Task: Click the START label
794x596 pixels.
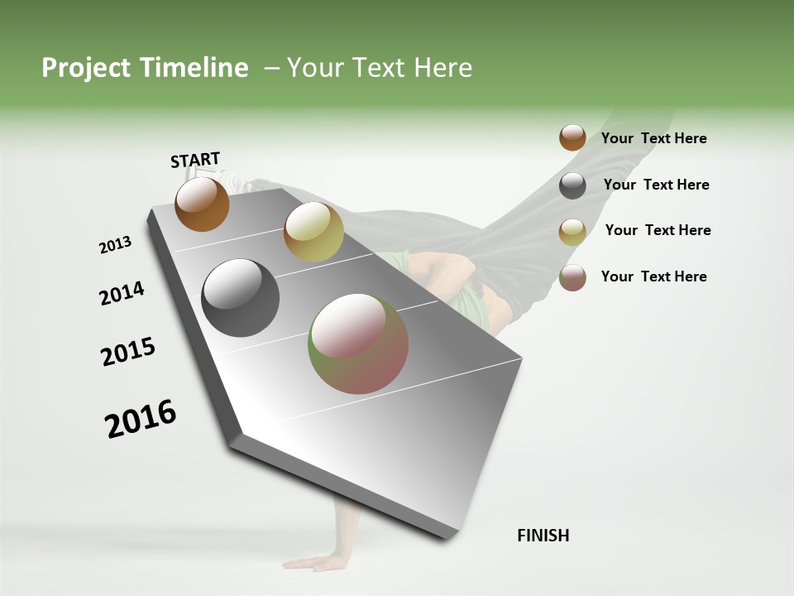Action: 195,160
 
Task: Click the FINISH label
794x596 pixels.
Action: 543,536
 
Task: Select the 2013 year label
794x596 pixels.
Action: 116,245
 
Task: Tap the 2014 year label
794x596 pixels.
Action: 122,293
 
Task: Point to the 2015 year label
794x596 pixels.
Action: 128,352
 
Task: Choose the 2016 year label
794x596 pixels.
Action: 141,419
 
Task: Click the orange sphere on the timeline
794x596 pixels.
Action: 202,204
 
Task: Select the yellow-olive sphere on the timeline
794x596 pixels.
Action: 313,232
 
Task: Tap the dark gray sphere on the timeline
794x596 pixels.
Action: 241,298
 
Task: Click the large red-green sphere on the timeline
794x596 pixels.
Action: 358,344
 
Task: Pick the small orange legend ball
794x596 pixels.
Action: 572,137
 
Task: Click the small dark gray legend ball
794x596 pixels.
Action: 572,185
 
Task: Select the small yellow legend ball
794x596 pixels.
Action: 572,232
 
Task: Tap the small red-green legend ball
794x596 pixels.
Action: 572,277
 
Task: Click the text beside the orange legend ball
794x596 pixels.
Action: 653,138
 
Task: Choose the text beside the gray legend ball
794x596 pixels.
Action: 656,185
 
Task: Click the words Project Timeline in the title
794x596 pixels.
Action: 145,68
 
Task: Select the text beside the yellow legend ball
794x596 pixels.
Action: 658,230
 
